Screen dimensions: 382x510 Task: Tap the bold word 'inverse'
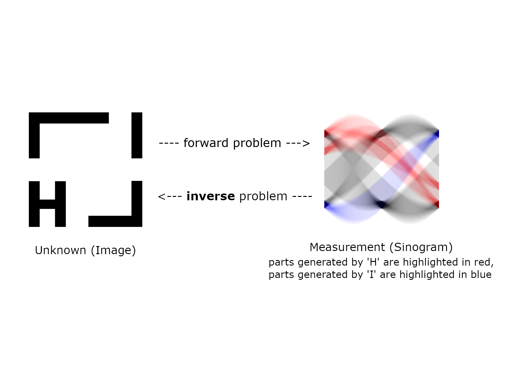tap(211, 196)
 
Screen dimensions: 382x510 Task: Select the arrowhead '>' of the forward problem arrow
tap(306, 143)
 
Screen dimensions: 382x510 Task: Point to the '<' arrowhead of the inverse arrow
tap(161, 197)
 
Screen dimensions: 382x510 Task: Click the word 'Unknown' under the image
tap(60, 250)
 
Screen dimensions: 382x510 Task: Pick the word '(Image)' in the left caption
tap(113, 250)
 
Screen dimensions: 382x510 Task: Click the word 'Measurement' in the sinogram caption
tap(347, 247)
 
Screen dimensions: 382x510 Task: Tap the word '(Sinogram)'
tap(421, 247)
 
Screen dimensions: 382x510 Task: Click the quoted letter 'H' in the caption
tap(373, 262)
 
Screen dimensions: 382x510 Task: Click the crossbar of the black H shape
tap(47, 204)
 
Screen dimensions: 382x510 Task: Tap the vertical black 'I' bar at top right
tap(137, 135)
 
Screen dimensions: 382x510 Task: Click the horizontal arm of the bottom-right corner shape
tap(110, 221)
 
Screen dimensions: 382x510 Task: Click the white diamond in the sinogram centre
tap(381, 169)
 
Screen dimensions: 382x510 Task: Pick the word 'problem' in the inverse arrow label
tap(263, 196)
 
